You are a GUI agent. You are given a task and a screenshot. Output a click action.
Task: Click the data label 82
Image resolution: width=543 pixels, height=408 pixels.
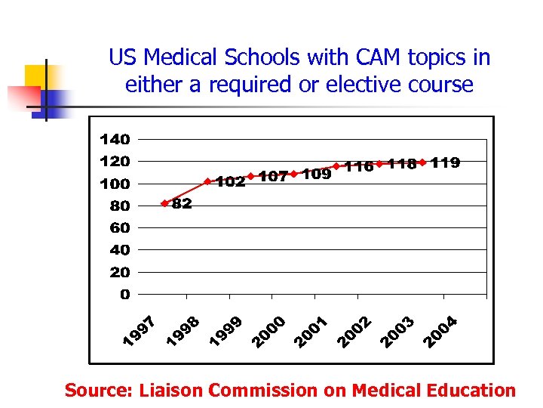182,204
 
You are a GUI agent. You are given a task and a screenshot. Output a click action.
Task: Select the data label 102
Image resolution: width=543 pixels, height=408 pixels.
231,182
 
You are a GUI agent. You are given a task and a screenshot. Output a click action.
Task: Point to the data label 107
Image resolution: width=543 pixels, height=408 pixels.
273,177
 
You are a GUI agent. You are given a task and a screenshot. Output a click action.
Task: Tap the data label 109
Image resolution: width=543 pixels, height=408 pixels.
317,175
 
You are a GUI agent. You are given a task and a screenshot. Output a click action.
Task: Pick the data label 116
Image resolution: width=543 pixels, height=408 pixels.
359,166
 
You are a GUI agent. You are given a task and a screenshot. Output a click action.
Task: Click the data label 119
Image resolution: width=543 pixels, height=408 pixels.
446,162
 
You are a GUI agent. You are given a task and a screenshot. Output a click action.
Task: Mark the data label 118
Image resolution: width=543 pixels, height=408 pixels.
402,164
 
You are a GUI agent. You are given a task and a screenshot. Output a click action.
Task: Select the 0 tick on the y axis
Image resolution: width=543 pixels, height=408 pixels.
124,294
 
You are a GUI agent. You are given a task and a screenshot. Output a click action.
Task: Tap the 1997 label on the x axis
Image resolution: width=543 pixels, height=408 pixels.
140,333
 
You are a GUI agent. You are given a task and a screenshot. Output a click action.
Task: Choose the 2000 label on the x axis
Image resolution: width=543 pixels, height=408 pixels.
269,333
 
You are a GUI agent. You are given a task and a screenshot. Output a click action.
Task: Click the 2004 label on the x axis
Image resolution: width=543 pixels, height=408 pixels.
440,332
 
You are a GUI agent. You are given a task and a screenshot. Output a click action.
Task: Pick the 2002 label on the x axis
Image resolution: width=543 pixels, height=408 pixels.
355,333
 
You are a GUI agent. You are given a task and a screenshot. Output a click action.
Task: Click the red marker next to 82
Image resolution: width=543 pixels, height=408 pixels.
164,203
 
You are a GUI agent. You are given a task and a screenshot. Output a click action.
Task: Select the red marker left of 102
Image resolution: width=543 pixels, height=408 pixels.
207,181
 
